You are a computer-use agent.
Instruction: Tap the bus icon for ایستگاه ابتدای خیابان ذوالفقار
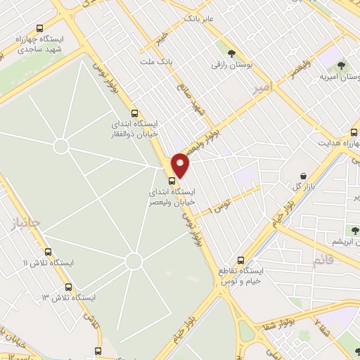(135, 113)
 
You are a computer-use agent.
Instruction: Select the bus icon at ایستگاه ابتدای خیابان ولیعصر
(173, 181)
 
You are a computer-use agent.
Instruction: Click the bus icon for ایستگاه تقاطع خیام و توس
(242, 259)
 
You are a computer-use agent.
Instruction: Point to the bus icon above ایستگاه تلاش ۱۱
(48, 252)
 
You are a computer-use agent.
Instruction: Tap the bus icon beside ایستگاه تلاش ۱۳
(68, 287)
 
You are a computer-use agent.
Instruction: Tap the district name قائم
(323, 261)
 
